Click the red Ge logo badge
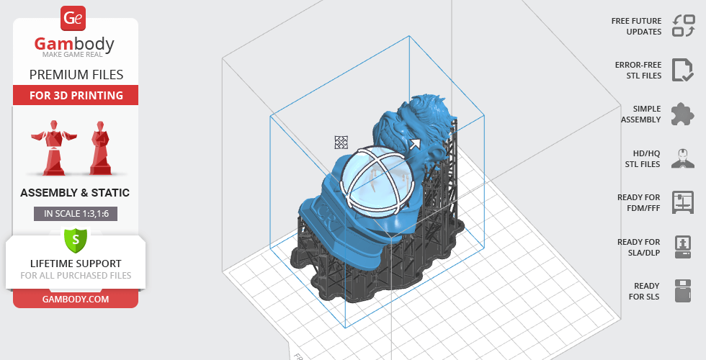tap(73, 19)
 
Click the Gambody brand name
tap(74, 45)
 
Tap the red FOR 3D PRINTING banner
tap(76, 95)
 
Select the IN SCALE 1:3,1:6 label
tap(76, 214)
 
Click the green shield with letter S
tap(76, 239)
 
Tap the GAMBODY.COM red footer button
tap(76, 300)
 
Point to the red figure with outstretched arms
tap(53, 147)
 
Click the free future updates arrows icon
tap(684, 25)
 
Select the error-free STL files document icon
tap(683, 70)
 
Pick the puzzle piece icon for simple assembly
tap(683, 114)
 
